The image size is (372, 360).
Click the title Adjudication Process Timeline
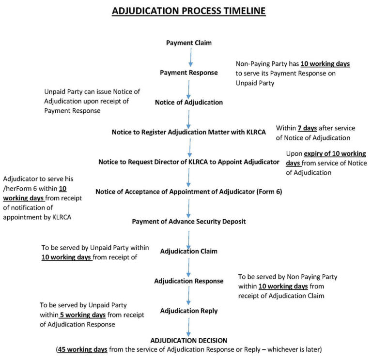tap(189, 11)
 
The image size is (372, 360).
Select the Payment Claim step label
tap(189, 43)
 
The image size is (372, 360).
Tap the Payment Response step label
tap(189, 73)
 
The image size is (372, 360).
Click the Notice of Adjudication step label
tap(189, 102)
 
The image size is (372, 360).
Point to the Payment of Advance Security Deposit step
tap(189, 221)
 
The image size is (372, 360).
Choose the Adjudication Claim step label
tap(189, 251)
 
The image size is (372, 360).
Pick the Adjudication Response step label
tap(189, 281)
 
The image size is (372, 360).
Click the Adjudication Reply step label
tap(189, 310)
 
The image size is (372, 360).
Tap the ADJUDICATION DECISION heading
tap(189, 340)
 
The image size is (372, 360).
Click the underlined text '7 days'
tap(307, 128)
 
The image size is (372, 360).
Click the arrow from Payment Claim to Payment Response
tap(190, 58)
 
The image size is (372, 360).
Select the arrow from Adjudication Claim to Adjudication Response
tap(189, 266)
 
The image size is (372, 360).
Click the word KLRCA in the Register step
tap(253, 132)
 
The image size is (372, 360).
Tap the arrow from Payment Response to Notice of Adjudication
tap(188, 88)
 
